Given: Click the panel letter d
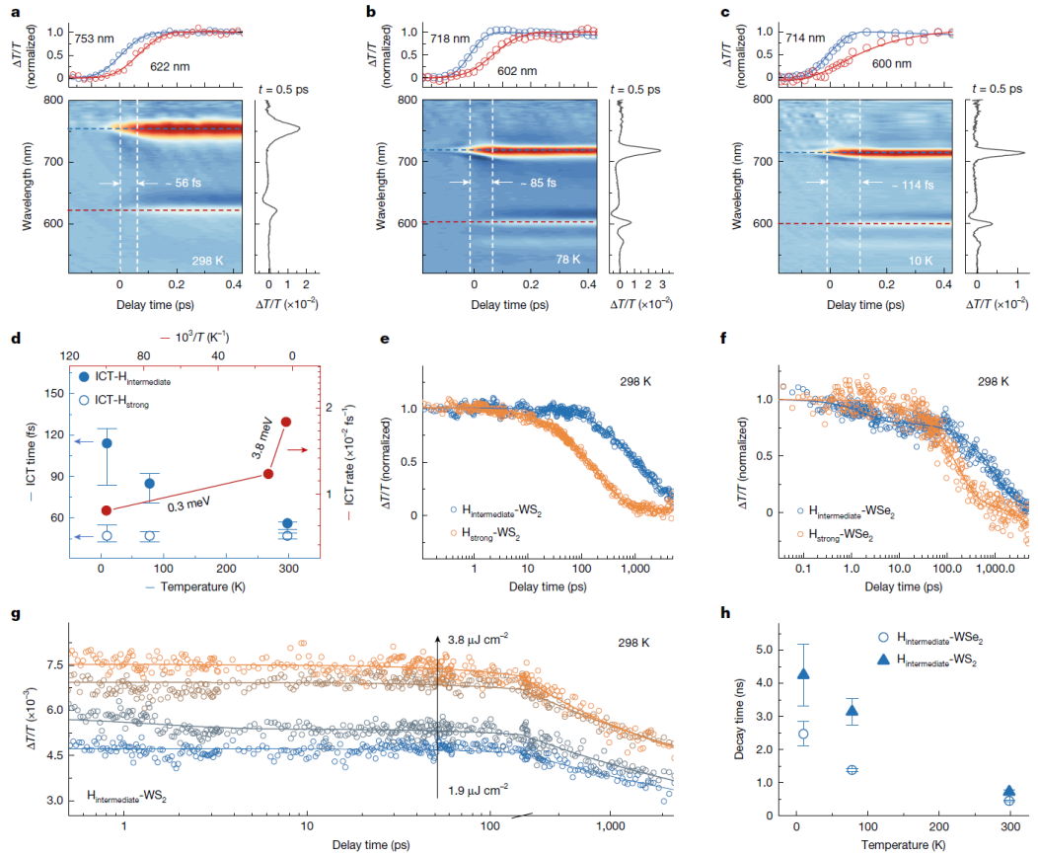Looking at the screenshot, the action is pos(16,339).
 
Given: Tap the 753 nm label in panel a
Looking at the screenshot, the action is pos(94,39).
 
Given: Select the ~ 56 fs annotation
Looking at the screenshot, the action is pos(184,183).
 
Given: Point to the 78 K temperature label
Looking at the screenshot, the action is pos(568,260).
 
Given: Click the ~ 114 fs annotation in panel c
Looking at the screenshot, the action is pos(913,185).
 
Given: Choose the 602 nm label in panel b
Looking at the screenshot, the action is pos(517,71).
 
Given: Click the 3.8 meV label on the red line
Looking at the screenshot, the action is pos(262,437).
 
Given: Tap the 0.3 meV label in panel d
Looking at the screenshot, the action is pos(188,505).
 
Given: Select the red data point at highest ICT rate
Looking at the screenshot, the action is pos(286,422).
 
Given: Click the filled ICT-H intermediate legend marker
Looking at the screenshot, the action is pos(84,377).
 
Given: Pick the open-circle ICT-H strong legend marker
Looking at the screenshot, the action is pos(84,400).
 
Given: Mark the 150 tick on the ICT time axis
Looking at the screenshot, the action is pos(55,393).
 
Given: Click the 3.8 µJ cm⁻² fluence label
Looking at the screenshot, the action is pos(478,640).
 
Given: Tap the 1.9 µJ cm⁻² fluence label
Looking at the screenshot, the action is pos(478,790).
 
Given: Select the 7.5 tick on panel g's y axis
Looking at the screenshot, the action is pos(55,664).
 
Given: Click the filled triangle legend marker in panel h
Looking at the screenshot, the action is pos(883,659).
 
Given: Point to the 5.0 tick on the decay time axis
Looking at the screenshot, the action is pos(765,650).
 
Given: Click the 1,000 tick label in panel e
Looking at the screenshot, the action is pos(634,569).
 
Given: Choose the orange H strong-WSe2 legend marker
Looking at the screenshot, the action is pos(800,534).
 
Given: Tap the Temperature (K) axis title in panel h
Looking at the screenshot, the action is pos(903,844).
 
